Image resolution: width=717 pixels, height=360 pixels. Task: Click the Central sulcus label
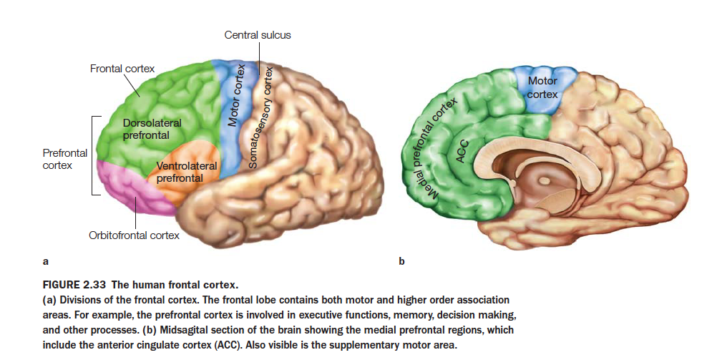coord(258,34)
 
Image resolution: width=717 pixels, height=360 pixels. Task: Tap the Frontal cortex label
coord(122,69)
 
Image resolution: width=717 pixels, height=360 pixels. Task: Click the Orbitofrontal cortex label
coord(134,235)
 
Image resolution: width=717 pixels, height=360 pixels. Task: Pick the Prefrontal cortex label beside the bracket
coord(64,159)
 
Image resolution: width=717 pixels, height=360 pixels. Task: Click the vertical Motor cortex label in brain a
coord(235,95)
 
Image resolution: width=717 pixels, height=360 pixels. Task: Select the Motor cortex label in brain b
coord(542,87)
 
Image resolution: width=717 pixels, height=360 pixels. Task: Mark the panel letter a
coord(46,261)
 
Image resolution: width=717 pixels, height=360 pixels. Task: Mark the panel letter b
coord(401,261)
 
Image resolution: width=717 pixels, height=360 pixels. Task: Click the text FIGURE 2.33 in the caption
coord(74,284)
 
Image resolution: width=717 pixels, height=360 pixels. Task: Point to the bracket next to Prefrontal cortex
coord(93,155)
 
